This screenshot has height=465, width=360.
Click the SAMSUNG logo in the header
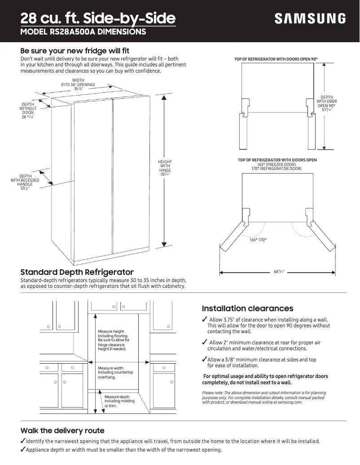310,19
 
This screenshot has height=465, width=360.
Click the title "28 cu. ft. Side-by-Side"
98,18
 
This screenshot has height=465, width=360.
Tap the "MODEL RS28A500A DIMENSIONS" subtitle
83,32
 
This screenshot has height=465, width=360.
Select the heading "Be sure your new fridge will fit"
75,51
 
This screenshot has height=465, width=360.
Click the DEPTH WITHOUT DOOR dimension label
28,110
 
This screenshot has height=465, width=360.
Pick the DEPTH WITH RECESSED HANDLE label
25,182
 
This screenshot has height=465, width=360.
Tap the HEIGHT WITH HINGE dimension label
165,167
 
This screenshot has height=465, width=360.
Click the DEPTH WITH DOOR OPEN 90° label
327,104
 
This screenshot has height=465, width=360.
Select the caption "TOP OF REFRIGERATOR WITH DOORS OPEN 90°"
279,59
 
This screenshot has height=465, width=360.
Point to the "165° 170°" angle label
258,240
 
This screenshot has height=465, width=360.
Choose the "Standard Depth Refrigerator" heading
77,272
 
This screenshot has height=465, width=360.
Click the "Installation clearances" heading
247,309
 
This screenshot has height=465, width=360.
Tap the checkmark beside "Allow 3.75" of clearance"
205,319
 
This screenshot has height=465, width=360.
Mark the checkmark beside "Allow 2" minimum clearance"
205,343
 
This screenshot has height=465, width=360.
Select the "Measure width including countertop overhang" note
115,373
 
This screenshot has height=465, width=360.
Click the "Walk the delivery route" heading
62,430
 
